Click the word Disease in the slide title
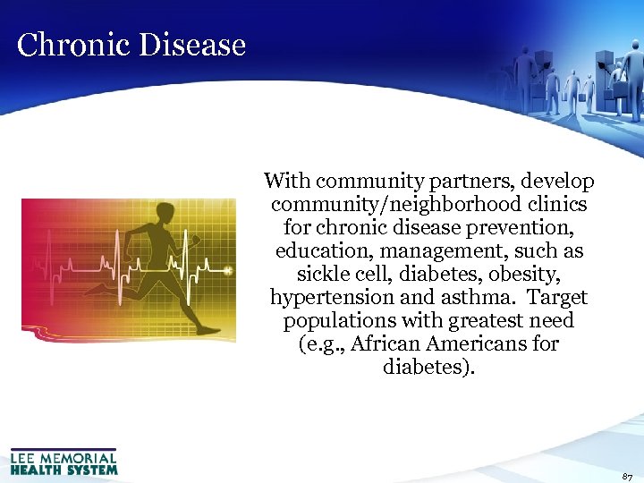coord(189,45)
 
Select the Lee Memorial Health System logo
coord(64,462)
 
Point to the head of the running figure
coord(165,214)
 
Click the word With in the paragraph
coord(286,182)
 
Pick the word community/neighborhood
coord(389,205)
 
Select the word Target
coord(558,298)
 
